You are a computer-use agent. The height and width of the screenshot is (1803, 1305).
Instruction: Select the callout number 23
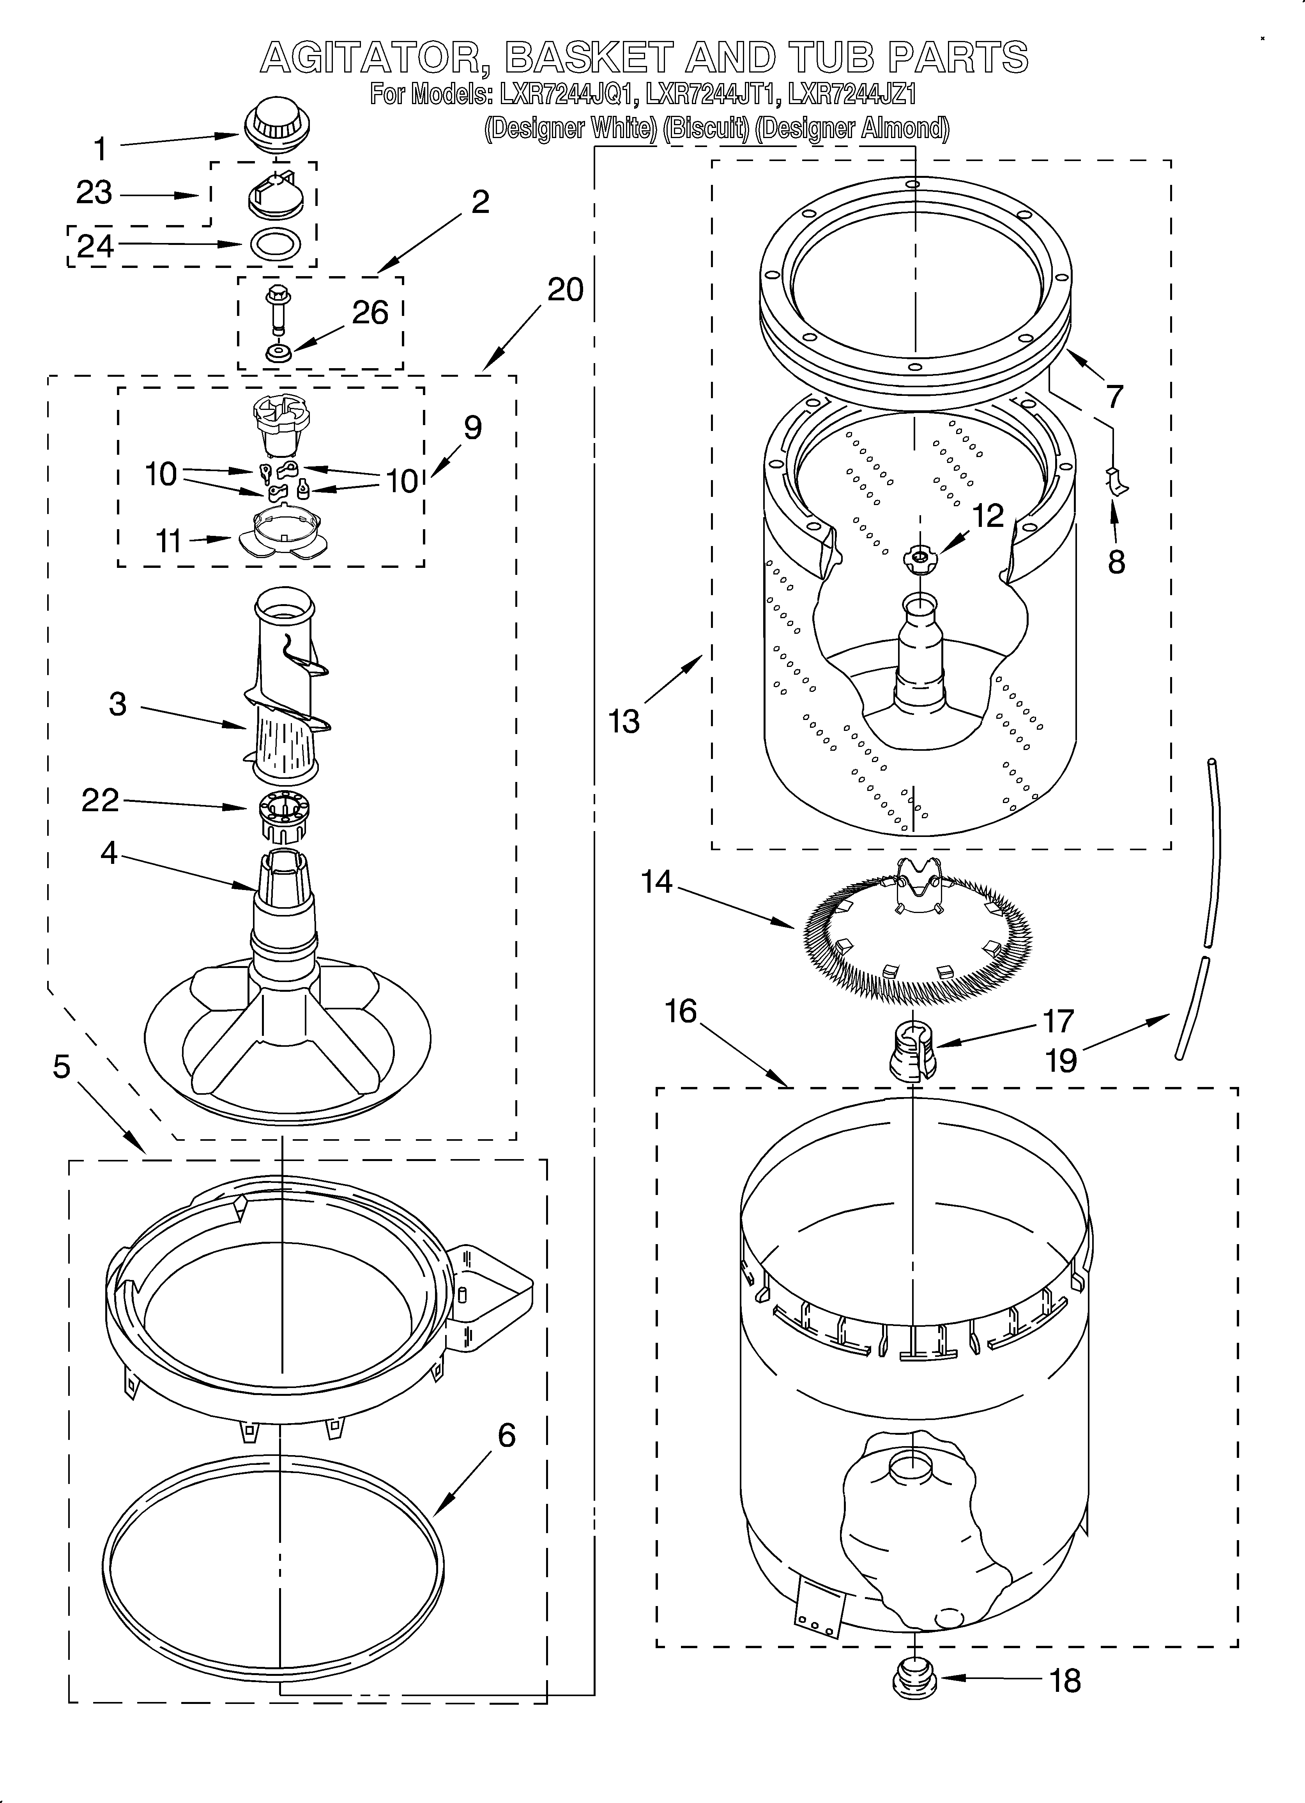pyautogui.click(x=94, y=193)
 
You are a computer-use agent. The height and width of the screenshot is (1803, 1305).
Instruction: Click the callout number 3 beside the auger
pyautogui.click(x=118, y=704)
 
